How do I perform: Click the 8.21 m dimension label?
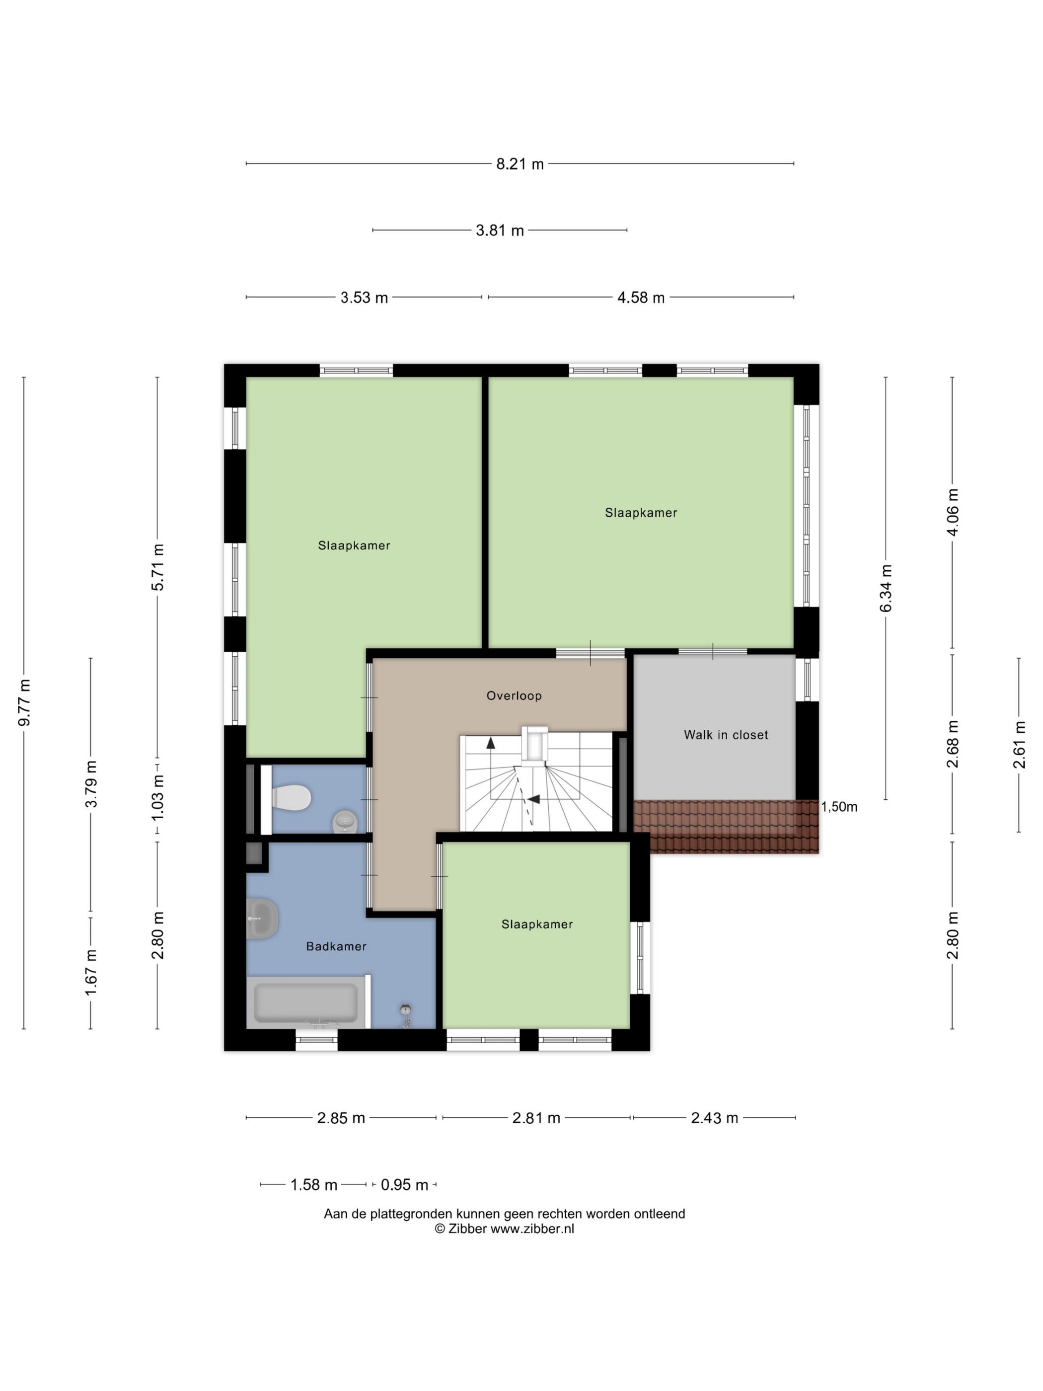(520, 164)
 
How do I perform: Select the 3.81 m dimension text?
(499, 230)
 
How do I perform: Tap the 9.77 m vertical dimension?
(24, 702)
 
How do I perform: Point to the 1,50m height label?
(839, 807)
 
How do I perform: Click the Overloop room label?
(514, 695)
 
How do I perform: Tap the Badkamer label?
(336, 946)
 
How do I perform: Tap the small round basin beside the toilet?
(344, 821)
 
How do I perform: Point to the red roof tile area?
(726, 826)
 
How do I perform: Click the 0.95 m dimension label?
(404, 1185)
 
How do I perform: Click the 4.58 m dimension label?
(641, 298)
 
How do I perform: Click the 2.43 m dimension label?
(714, 1117)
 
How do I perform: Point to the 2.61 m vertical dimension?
(1019, 745)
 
